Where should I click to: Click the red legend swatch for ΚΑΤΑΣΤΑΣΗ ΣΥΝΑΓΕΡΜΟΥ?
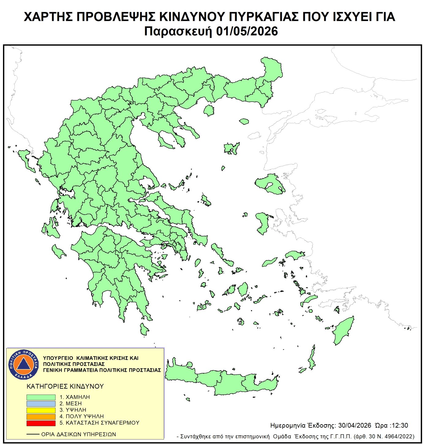click(41, 423)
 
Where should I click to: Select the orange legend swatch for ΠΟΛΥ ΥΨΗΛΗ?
click(41, 417)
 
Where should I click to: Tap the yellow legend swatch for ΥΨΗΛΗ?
click(41, 410)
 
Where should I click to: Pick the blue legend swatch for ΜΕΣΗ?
click(41, 404)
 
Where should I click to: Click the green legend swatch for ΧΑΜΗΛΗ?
click(41, 397)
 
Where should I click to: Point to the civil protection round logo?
click(23, 364)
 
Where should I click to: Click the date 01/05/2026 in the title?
click(247, 31)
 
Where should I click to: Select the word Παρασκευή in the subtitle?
click(178, 31)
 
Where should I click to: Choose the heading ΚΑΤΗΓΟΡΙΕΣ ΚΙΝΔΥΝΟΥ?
click(65, 387)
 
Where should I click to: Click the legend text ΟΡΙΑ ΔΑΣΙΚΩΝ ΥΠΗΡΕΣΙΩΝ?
click(78, 434)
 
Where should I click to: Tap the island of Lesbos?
click(270, 184)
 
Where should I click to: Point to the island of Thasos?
click(209, 110)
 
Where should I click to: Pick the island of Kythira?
click(144, 329)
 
